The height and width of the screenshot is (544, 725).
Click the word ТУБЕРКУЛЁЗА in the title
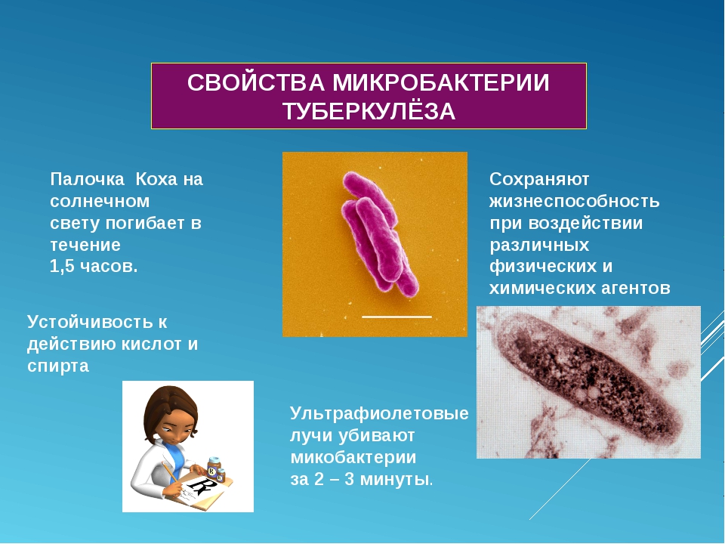click(369, 111)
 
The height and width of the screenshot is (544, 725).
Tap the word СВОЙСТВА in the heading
click(256, 83)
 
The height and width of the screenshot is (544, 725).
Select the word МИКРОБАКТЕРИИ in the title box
click(440, 83)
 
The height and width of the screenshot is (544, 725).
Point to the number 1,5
click(62, 267)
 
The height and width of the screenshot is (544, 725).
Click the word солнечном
click(100, 201)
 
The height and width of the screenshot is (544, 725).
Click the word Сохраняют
click(539, 180)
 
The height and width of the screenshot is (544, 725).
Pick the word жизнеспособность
click(574, 202)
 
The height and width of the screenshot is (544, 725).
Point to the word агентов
click(636, 288)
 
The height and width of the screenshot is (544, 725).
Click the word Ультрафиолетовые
click(379, 413)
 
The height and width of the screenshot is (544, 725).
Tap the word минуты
click(394, 479)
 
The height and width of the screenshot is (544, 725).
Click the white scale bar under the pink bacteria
click(396, 317)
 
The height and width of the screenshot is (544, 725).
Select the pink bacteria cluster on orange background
click(380, 233)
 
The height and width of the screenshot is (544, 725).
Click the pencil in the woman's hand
click(171, 473)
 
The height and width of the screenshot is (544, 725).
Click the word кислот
click(152, 345)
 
